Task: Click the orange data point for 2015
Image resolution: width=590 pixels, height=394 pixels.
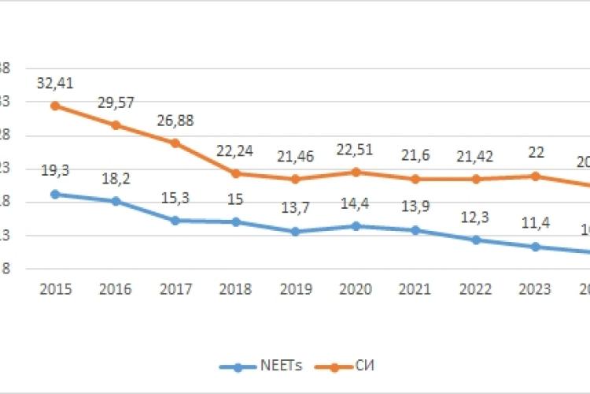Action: [x=55, y=106]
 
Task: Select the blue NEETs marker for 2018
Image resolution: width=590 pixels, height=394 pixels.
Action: [x=235, y=221]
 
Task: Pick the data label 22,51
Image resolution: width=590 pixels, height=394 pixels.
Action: [x=355, y=150]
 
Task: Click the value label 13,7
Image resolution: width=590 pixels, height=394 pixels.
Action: [x=295, y=208]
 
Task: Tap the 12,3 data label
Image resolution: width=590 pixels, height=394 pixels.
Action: [x=475, y=216]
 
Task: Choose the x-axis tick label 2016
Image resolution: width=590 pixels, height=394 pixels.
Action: [x=115, y=289]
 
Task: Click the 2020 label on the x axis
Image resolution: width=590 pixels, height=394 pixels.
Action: [x=355, y=289]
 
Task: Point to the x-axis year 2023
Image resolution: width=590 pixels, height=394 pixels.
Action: [x=535, y=289]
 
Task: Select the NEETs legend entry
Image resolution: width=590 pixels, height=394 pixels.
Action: [x=250, y=366]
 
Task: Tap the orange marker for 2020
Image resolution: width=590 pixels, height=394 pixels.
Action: [x=355, y=172]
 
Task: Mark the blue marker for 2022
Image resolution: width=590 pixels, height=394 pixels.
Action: [x=475, y=240]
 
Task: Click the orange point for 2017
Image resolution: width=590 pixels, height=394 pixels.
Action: [x=175, y=143]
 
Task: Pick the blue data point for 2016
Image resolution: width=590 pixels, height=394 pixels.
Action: [x=115, y=201]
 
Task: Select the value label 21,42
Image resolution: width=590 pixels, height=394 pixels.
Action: [x=475, y=156]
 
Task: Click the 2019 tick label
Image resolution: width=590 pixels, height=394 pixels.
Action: [x=295, y=289]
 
